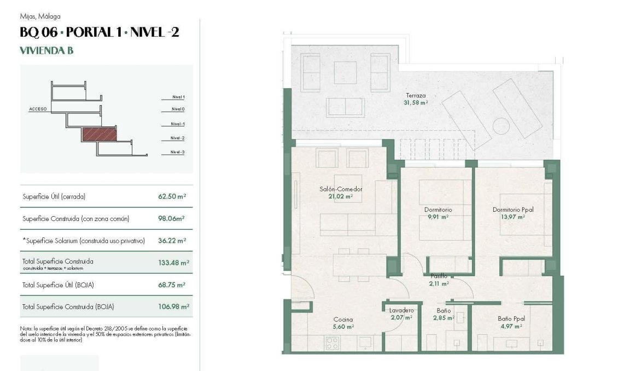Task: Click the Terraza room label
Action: (x=416, y=95)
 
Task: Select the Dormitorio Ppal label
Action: (x=512, y=210)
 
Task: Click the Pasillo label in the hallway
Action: (x=439, y=276)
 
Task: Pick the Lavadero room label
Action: (x=401, y=310)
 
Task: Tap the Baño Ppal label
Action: (x=511, y=319)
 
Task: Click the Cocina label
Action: (x=343, y=320)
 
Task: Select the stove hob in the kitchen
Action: (x=332, y=343)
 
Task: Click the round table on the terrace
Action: (x=501, y=126)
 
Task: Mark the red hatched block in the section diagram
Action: (x=99, y=134)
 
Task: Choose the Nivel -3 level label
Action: (x=177, y=152)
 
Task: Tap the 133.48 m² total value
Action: (x=173, y=263)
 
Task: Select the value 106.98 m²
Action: (x=173, y=306)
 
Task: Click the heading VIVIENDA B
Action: (x=46, y=51)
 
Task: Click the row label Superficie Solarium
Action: (x=84, y=240)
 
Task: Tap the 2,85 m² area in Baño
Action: (x=444, y=317)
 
